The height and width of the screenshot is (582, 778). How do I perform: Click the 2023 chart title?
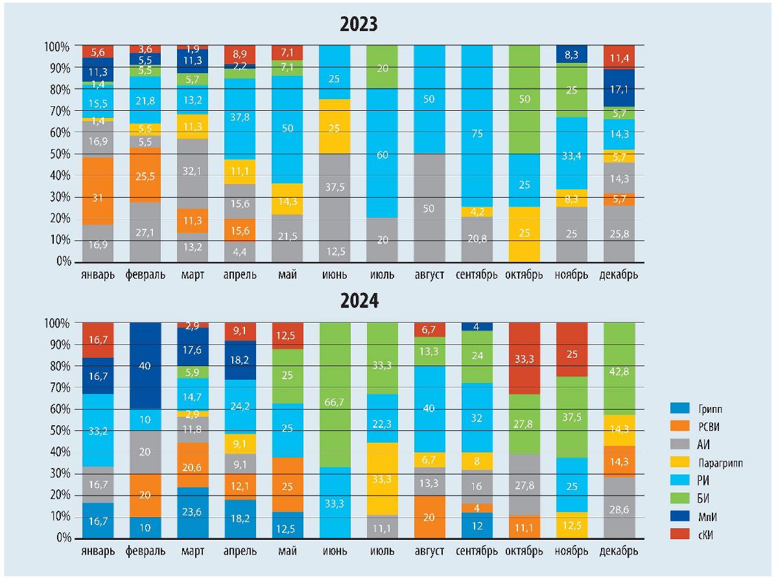tap(359, 25)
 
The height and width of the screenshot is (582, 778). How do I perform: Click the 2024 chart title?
tap(359, 301)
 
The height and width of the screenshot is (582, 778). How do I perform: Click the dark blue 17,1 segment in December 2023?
tap(619, 88)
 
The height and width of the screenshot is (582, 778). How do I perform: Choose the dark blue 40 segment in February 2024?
tap(145, 366)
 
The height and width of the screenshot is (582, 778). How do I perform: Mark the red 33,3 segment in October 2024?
tap(524, 358)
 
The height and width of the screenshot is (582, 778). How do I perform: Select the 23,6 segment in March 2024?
tap(193, 513)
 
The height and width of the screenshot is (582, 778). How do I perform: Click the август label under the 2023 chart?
tap(429, 275)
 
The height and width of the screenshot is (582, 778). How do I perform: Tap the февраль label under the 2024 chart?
tap(145, 552)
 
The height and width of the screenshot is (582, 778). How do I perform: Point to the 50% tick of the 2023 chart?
tap(57, 154)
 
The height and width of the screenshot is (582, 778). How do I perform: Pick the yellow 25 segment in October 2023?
tap(524, 234)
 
